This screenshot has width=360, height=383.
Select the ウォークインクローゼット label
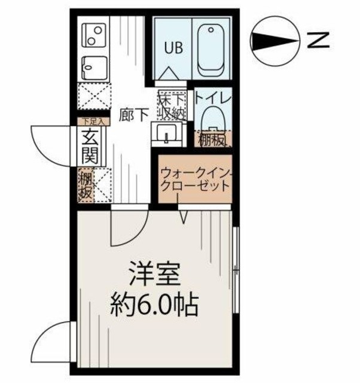(x=194, y=179)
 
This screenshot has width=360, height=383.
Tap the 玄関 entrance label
(x=90, y=147)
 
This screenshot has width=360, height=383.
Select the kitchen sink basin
(x=93, y=65)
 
